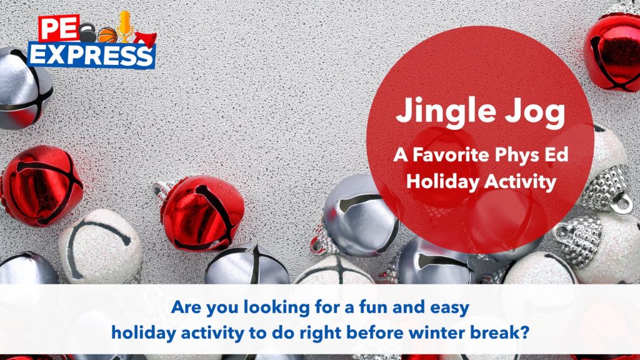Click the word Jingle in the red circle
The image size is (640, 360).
[x=446, y=111]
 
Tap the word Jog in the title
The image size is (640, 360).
[x=536, y=112]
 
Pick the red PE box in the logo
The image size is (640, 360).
[x=59, y=28]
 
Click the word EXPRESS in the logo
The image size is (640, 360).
[x=91, y=55]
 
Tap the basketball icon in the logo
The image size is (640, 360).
[x=107, y=36]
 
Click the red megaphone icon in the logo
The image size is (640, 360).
[x=145, y=39]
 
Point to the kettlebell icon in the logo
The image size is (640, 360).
[x=87, y=32]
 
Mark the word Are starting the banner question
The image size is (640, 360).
[x=186, y=307]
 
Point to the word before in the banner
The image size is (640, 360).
[x=377, y=332]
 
